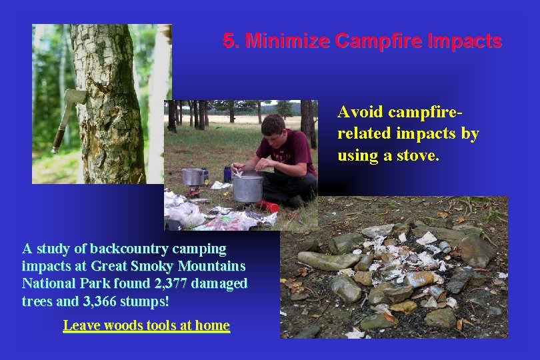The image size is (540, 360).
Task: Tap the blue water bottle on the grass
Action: tap(227, 173)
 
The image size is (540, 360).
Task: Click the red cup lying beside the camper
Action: tap(268, 206)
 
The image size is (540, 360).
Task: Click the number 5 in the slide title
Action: tap(229, 41)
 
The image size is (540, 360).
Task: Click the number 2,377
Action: tap(171, 283)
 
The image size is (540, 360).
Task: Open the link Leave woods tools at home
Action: tap(146, 325)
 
